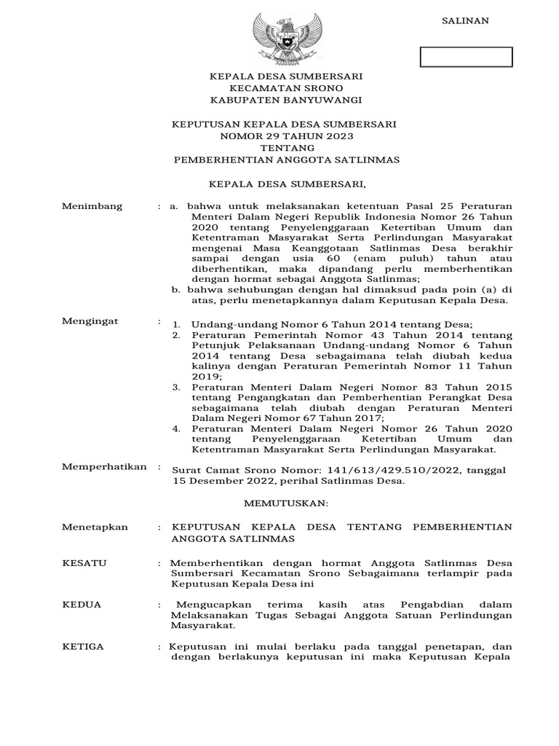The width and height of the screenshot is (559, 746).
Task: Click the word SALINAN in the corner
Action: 466,21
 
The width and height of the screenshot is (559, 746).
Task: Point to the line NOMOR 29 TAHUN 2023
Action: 284,136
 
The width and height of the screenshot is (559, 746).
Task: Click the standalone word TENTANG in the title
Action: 284,147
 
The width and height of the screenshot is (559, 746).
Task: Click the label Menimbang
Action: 92,207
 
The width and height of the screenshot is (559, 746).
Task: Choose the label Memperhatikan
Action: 104,466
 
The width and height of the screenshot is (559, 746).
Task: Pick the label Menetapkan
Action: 95,527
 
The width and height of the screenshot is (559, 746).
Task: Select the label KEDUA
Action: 82,605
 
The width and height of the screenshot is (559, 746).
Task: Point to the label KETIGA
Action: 83,646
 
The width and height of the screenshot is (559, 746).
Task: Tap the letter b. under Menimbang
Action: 175,289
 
